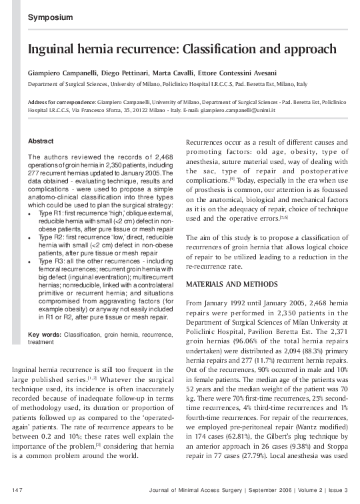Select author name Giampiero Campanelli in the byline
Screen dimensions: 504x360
click(62, 72)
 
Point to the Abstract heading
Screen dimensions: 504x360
click(41, 141)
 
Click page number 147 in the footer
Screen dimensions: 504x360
click(17, 491)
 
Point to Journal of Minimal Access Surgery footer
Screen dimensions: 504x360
click(202, 491)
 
